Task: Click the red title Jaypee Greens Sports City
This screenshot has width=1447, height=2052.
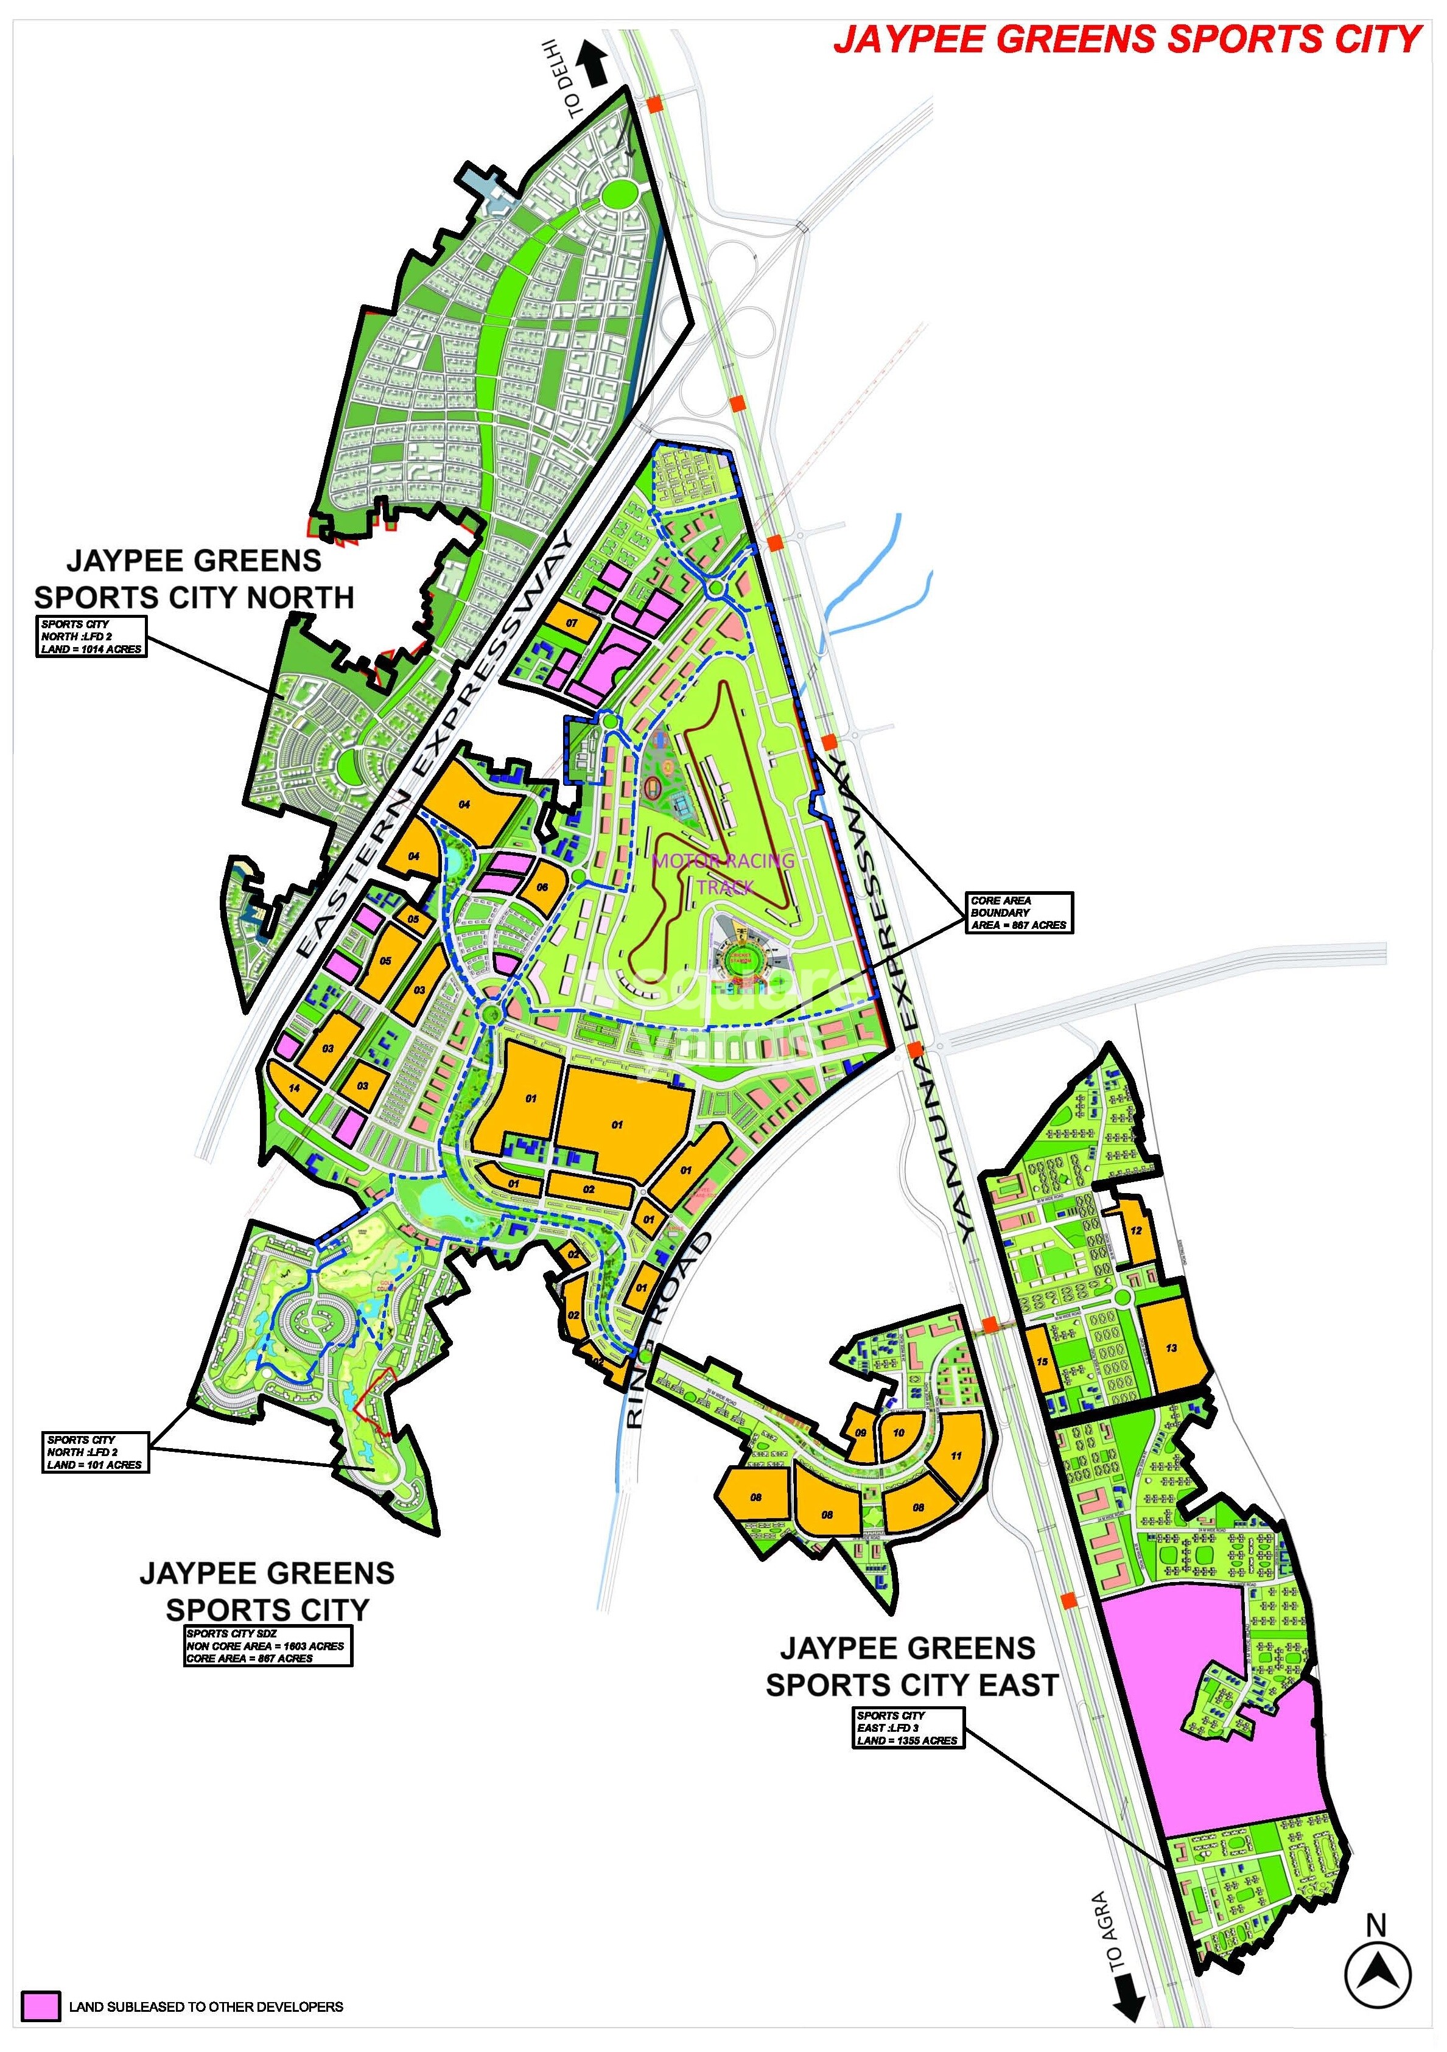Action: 1127,40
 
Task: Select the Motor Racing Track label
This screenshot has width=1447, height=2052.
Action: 724,873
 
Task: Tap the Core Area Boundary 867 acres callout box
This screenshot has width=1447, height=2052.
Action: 1019,912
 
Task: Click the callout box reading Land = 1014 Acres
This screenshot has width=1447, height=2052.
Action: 91,636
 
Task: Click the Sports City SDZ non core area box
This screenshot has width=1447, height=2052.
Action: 267,1645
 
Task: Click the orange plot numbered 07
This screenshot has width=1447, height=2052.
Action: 570,622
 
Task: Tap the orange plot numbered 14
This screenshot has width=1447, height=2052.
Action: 293,1088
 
